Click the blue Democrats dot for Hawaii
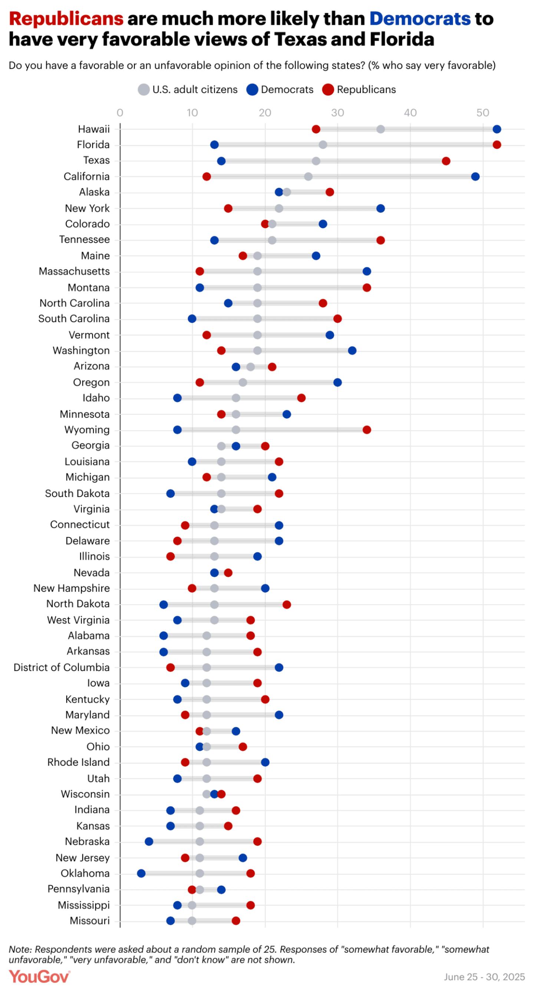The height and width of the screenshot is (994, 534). tap(497, 129)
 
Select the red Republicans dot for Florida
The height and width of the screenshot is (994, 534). tap(497, 145)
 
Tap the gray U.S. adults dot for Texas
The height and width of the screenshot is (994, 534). tap(316, 161)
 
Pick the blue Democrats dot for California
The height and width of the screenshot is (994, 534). tap(475, 177)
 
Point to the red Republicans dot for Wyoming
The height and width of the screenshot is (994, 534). tap(366, 430)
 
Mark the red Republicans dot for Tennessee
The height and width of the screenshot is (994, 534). tap(380, 240)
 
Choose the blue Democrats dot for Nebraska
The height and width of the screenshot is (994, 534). tap(149, 842)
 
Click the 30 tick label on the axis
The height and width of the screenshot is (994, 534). tap(337, 113)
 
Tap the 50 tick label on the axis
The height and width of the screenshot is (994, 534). tap(482, 113)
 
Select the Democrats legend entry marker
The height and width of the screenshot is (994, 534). tap(252, 90)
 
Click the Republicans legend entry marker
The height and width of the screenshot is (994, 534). tap(328, 90)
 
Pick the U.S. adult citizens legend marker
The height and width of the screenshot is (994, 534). tap(144, 90)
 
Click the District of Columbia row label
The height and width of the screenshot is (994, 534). tap(61, 668)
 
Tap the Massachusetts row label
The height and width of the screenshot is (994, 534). tap(74, 271)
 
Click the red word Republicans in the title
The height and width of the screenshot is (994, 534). tap(66, 19)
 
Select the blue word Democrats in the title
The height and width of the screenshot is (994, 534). tap(420, 19)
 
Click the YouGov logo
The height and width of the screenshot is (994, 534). tap(39, 977)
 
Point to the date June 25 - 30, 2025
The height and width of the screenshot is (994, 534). tap(484, 977)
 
